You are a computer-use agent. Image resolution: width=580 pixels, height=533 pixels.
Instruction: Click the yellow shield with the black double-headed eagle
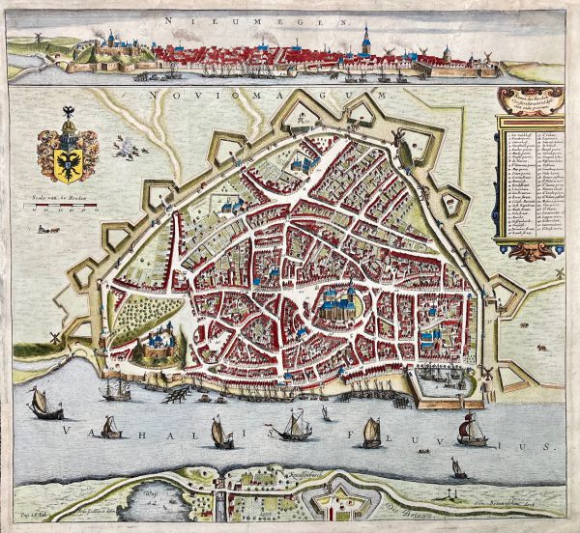pos(65,154)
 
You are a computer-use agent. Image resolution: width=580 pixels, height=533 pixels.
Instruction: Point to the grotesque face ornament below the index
pos(531,251)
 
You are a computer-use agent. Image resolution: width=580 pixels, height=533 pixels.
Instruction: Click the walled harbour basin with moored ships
pos(441,379)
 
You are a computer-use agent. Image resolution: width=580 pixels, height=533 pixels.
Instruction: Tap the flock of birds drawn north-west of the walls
pos(125,148)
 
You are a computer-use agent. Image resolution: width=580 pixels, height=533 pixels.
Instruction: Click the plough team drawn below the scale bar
pos(43,231)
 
